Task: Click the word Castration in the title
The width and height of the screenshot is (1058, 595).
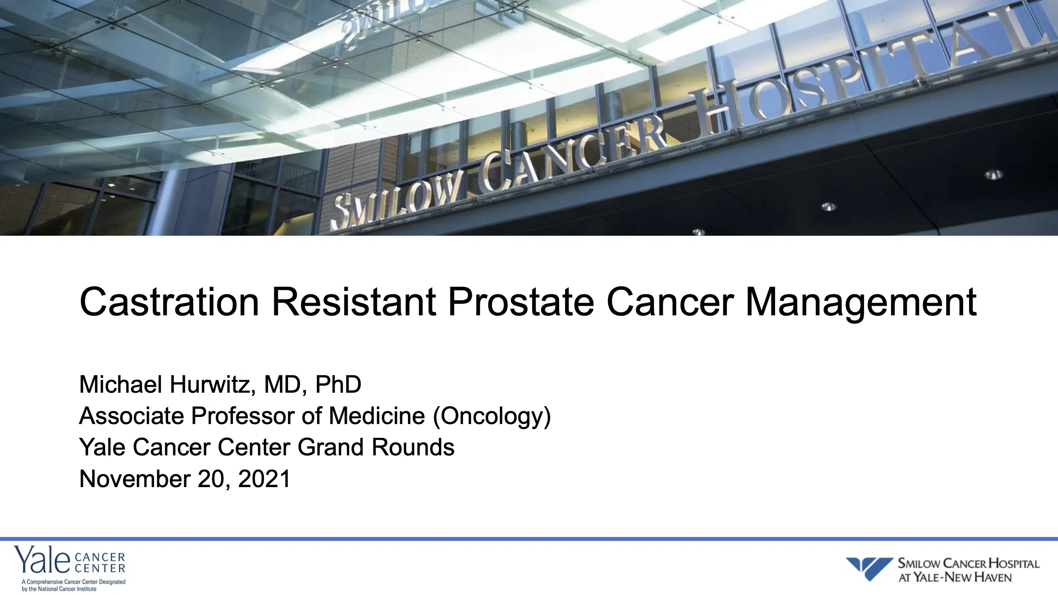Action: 169,303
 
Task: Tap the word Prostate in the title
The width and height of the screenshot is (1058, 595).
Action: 520,303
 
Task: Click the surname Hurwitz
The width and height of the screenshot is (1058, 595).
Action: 212,385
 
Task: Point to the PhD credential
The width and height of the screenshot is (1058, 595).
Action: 338,385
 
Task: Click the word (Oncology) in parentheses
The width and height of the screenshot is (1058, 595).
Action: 491,416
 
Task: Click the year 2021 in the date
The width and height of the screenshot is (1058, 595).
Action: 264,479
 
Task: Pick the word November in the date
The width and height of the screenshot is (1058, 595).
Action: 135,479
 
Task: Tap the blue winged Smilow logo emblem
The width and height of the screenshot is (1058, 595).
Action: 869,568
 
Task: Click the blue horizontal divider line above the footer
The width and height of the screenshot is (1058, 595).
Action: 529,539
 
